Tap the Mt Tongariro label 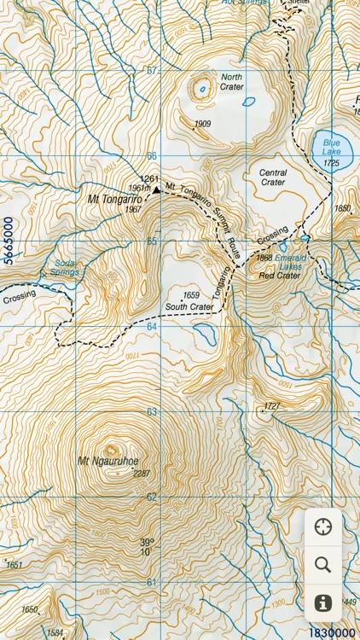pyautogui.click(x=113, y=198)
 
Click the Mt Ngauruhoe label pyautogui.click(x=107, y=462)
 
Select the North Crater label pyautogui.click(x=231, y=82)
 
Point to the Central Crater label pyautogui.click(x=272, y=177)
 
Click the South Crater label pyautogui.click(x=189, y=306)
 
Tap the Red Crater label pyautogui.click(x=279, y=276)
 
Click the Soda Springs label pyautogui.click(x=66, y=268)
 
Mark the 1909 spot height pyautogui.click(x=202, y=125)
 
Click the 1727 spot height pyautogui.click(x=272, y=405)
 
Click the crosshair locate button pyautogui.click(x=322, y=527)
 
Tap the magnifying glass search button pyautogui.click(x=322, y=564)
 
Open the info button pyautogui.click(x=322, y=602)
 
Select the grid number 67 pyautogui.click(x=152, y=70)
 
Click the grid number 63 pyautogui.click(x=152, y=411)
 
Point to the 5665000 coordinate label pyautogui.click(x=9, y=243)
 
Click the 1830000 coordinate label pyautogui.click(x=332, y=632)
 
